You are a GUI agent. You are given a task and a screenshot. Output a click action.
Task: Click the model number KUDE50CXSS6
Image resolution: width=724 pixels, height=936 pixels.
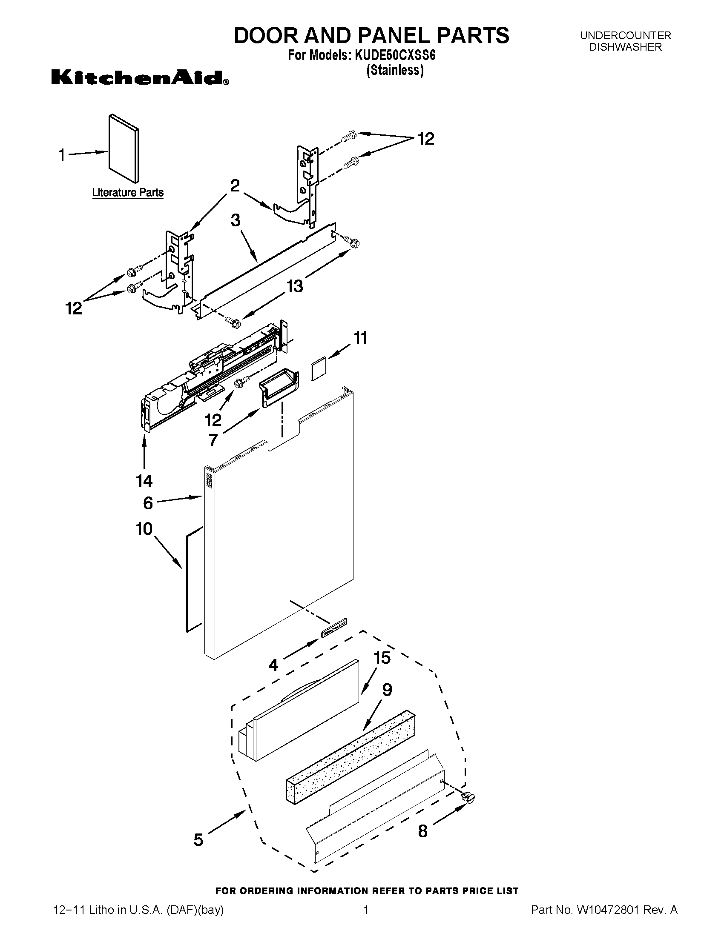[x=395, y=56]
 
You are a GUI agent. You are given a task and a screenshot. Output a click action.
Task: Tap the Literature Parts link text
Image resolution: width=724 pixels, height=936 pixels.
[x=128, y=193]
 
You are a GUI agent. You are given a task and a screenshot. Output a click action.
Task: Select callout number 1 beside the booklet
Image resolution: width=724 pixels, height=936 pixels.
[x=62, y=155]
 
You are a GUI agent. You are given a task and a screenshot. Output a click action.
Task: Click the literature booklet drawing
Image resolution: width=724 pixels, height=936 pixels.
[x=124, y=148]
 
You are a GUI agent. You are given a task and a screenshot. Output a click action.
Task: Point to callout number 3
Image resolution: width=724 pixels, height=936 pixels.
[x=236, y=220]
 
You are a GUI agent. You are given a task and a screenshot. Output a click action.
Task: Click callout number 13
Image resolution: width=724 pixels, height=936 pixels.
[x=295, y=286]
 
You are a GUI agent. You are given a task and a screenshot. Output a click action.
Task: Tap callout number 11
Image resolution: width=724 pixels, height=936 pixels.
[x=360, y=338]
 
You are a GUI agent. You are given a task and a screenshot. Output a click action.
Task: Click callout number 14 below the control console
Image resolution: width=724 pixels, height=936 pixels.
[x=144, y=481]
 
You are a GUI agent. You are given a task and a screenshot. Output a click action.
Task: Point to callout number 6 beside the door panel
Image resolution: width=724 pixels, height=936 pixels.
[x=148, y=503]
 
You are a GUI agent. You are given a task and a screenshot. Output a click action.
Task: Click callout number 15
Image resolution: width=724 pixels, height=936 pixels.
[x=382, y=657]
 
